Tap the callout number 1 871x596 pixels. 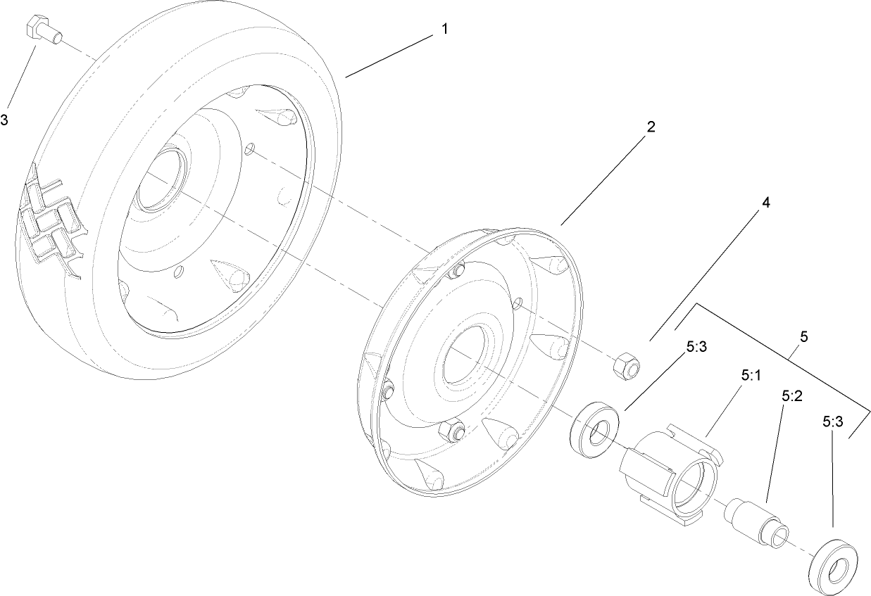click(x=444, y=29)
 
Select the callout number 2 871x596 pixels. click(x=651, y=127)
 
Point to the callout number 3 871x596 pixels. click(x=4, y=120)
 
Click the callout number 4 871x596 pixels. click(x=765, y=203)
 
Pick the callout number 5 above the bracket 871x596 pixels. click(x=803, y=336)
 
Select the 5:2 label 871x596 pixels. click(x=792, y=396)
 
